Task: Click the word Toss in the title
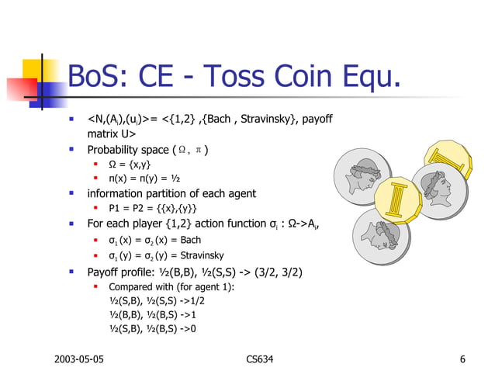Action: pos(246,77)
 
